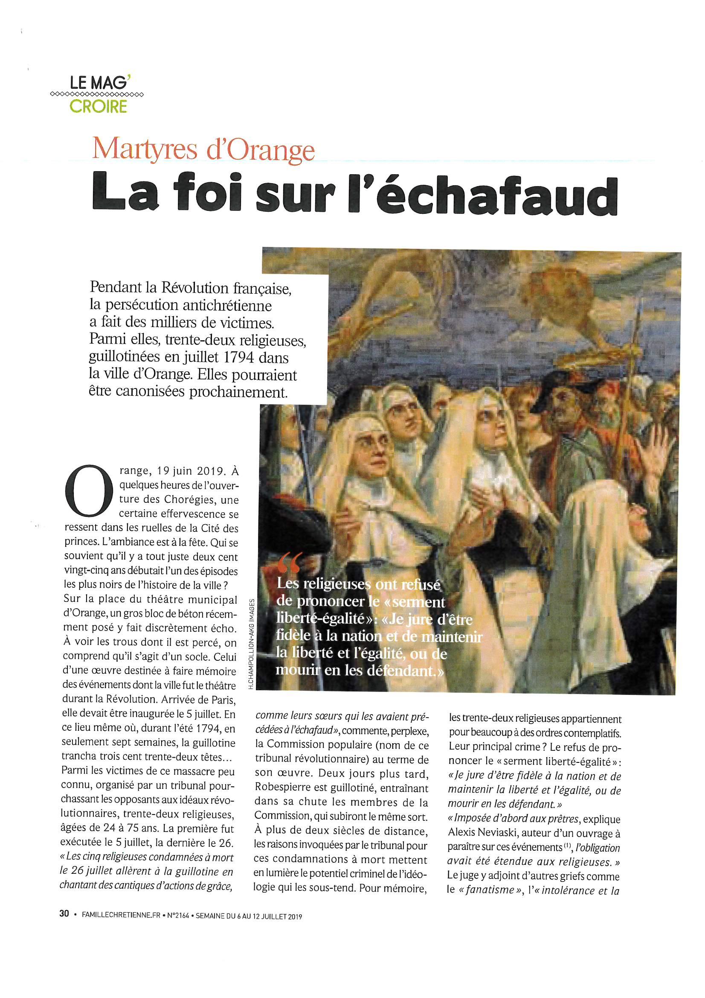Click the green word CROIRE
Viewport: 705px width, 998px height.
tap(98, 106)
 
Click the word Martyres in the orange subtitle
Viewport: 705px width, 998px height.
tap(145, 149)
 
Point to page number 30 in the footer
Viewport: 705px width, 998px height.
tap(64, 913)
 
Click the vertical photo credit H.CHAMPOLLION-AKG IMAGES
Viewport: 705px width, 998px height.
tap(251, 643)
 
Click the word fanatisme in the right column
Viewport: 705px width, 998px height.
tap(490, 890)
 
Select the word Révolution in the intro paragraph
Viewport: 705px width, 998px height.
tap(195, 288)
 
